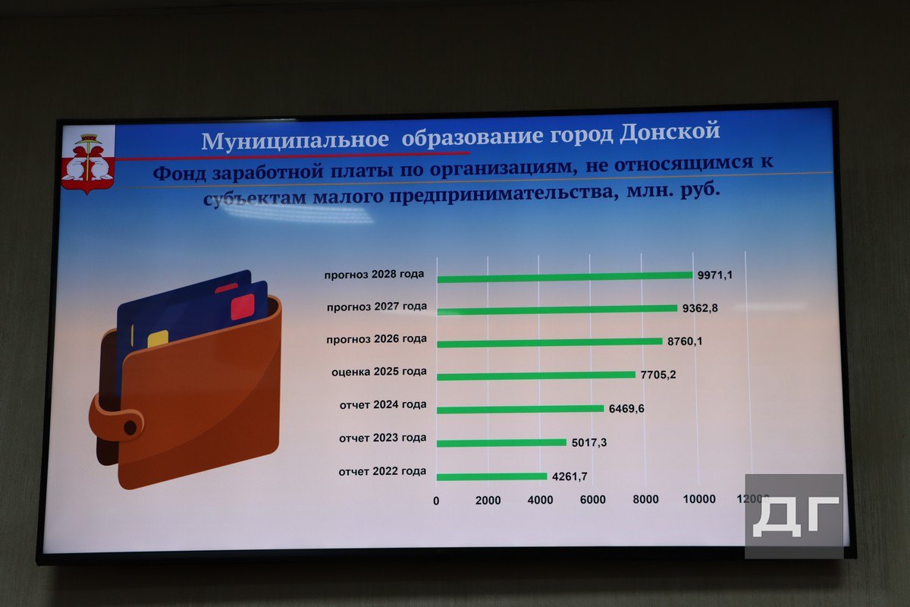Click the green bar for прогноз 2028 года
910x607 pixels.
click(565, 276)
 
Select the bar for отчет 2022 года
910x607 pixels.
click(491, 476)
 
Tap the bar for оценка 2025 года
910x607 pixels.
click(536, 376)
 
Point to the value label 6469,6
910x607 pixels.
click(627, 408)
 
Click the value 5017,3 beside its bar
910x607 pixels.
click(590, 442)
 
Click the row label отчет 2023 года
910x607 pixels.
click(382, 438)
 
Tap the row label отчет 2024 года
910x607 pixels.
click(383, 405)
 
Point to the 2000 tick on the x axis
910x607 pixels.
click(488, 500)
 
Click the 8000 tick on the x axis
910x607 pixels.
click(645, 499)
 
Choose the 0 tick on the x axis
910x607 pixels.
click(436, 501)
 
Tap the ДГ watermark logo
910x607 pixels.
click(794, 516)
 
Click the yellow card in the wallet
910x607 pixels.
click(158, 338)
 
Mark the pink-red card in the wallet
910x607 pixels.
click(242, 306)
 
